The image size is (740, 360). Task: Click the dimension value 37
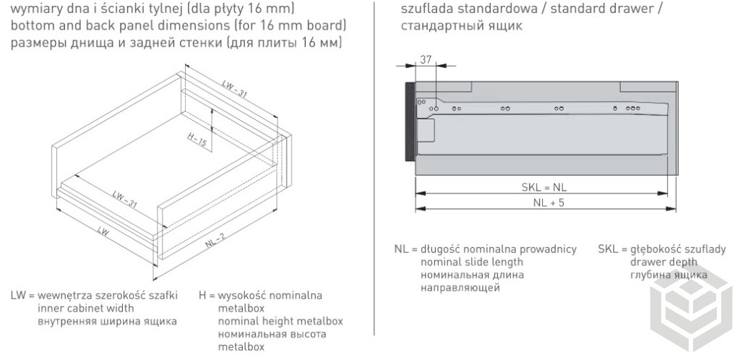(426, 59)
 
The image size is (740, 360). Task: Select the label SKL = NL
(543, 187)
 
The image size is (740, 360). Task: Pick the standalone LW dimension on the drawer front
(103, 232)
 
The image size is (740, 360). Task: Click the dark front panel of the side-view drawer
(410, 122)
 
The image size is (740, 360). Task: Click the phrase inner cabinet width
(85, 309)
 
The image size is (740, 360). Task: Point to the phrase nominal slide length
(471, 262)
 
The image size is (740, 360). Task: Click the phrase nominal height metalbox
(280, 321)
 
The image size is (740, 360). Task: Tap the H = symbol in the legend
(207, 296)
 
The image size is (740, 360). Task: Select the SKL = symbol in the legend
(612, 249)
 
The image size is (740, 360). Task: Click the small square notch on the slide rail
(426, 129)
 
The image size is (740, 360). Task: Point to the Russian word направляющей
(460, 287)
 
